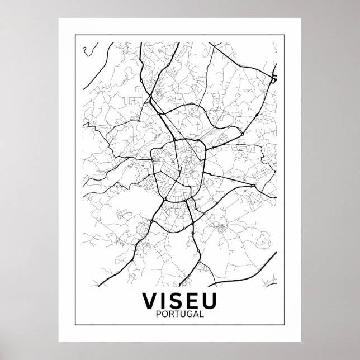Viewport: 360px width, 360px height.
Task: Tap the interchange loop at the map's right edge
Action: click(274, 77)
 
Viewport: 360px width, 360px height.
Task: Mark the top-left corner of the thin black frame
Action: click(75, 35)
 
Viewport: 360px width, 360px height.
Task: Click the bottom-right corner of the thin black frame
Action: click(285, 326)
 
